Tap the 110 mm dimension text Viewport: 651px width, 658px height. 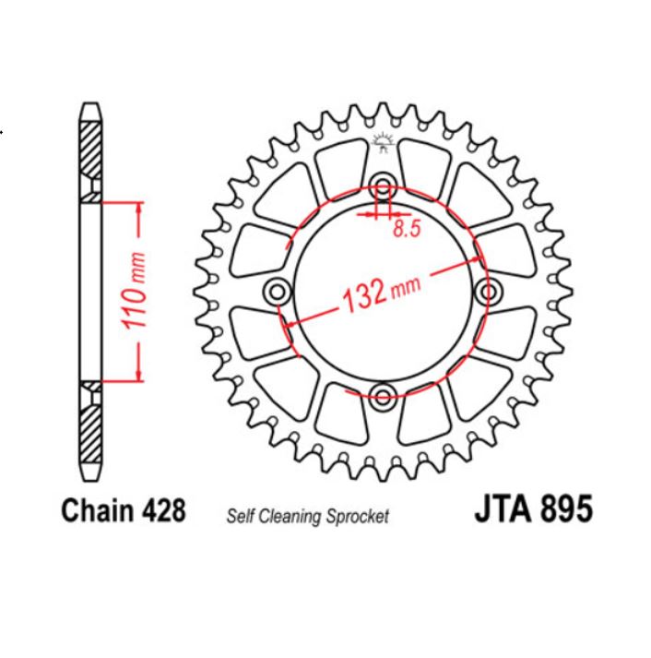coord(135,290)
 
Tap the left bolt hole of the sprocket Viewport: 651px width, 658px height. coord(275,292)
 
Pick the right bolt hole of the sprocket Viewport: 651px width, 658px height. coord(488,292)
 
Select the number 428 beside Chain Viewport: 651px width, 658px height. coord(163,510)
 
